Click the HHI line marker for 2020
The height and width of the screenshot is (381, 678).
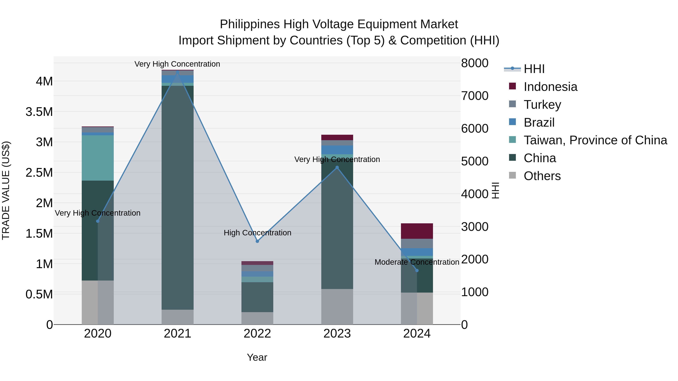[98, 221]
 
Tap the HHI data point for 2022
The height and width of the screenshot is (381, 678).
[257, 241]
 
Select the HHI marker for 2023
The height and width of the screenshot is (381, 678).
[337, 167]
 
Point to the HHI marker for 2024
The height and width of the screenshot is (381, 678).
[417, 271]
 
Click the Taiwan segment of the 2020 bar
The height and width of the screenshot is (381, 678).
[98, 158]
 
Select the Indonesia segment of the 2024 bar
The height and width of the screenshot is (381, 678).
[417, 231]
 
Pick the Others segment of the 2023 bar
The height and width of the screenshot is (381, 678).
[337, 307]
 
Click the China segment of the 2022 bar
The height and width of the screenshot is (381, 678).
[257, 297]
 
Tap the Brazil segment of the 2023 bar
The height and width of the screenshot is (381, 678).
[337, 150]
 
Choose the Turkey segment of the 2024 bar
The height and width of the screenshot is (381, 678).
[417, 243]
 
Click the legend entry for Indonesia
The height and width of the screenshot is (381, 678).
[550, 87]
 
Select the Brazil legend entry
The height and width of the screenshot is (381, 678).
[539, 122]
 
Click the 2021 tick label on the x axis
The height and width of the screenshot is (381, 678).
[177, 334]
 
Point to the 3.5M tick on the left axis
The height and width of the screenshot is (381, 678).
[39, 112]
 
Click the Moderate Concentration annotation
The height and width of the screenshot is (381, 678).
[417, 262]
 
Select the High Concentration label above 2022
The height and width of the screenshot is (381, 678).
[257, 233]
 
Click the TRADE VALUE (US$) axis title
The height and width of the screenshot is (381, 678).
[6, 190]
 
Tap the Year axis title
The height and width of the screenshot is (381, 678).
[257, 357]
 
